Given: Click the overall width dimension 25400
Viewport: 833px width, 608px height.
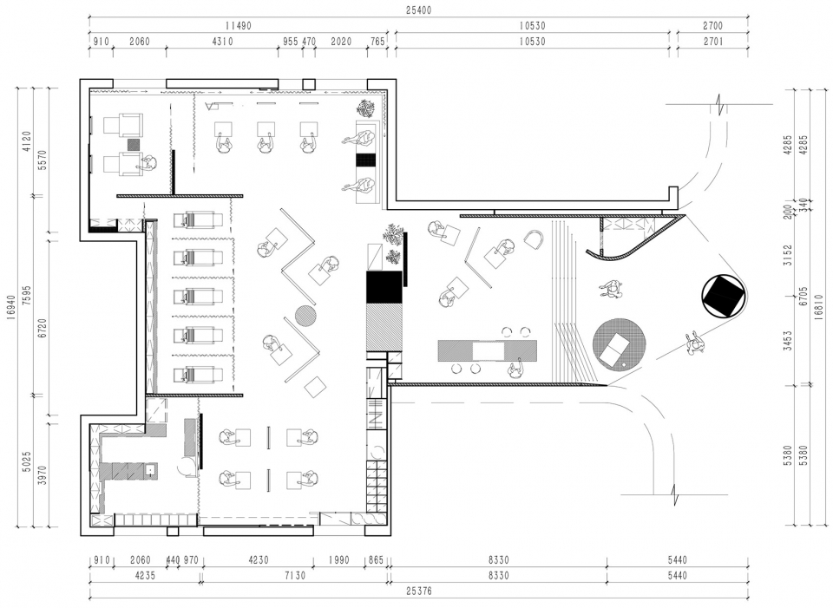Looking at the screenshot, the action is click(418, 10).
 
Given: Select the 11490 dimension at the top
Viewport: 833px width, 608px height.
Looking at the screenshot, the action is click(238, 25).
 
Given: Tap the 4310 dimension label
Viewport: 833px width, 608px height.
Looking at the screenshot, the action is click(222, 42).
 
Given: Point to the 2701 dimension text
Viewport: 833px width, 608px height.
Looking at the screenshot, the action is click(713, 42).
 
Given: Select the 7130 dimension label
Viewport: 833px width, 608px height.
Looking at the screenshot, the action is click(294, 575).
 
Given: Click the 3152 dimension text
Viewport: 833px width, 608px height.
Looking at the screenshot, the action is click(788, 255).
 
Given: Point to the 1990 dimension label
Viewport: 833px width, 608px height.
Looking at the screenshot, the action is click(338, 559).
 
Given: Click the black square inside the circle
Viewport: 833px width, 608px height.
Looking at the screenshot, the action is click(722, 296).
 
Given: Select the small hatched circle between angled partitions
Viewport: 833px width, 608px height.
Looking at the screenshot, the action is click(306, 316).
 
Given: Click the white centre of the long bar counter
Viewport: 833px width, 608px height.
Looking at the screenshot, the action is click(489, 351).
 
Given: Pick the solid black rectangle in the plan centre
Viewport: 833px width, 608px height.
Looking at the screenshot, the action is click(382, 287).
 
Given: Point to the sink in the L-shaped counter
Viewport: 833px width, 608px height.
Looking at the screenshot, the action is click(151, 470).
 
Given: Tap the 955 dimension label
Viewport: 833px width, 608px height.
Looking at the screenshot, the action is click(290, 42).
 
